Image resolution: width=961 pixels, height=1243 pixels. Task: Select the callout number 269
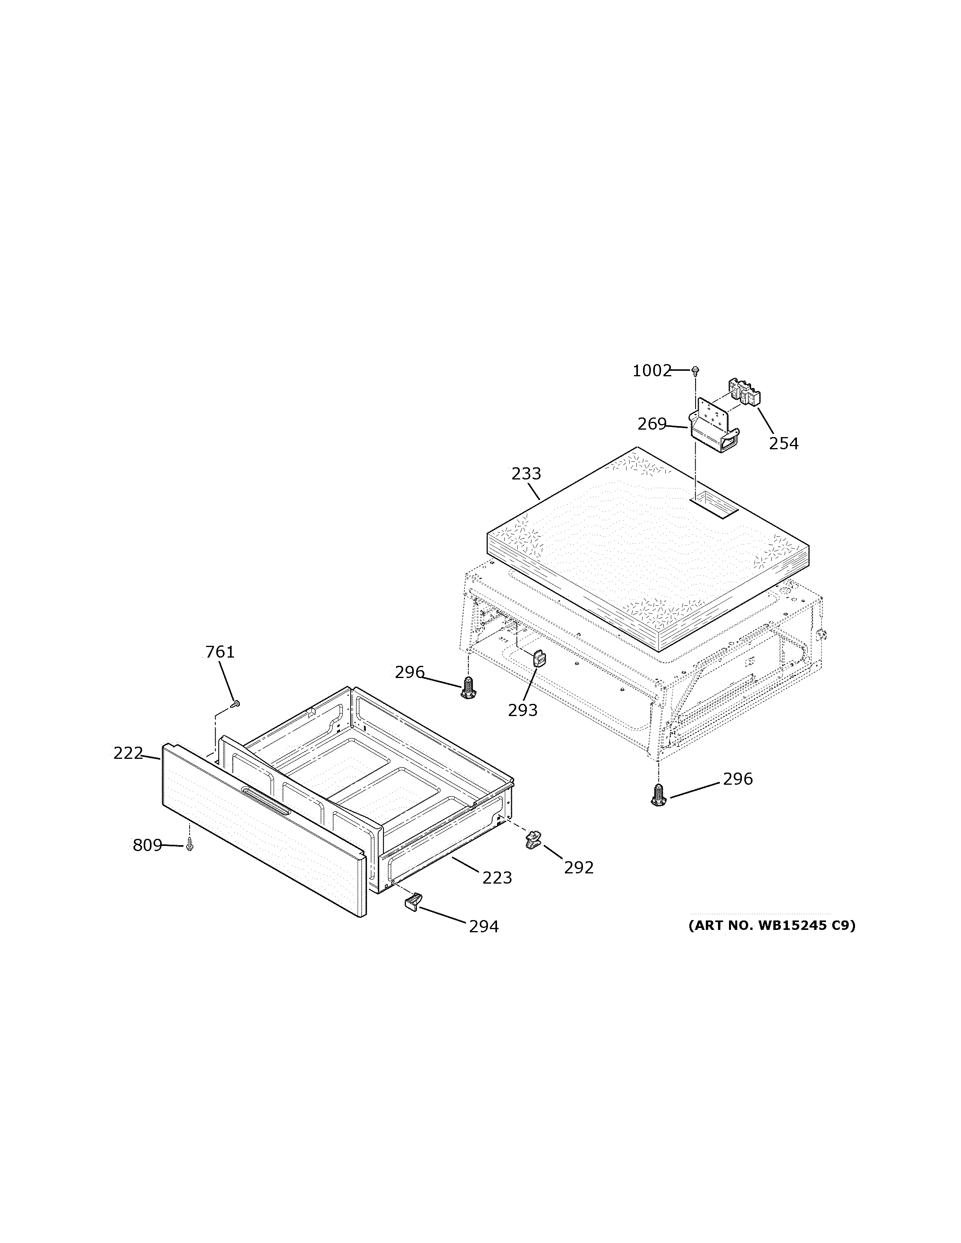pos(652,424)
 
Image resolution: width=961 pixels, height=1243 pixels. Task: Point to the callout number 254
pos(784,443)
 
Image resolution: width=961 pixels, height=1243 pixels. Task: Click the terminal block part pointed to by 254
pos(746,393)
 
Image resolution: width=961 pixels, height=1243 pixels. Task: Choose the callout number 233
pos(526,474)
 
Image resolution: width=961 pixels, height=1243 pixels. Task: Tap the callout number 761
pos(220,652)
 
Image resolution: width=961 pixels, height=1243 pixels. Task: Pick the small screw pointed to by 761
pos(235,704)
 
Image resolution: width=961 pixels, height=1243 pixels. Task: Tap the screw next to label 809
pos(190,847)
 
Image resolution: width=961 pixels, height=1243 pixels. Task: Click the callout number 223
pos(497,878)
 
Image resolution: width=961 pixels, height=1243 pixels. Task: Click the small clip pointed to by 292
pos(533,840)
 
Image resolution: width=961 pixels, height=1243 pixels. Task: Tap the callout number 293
pos(523,710)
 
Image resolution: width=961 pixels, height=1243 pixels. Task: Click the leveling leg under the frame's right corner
pos(659,795)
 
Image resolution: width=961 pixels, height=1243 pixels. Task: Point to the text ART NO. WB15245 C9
pos(771,926)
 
